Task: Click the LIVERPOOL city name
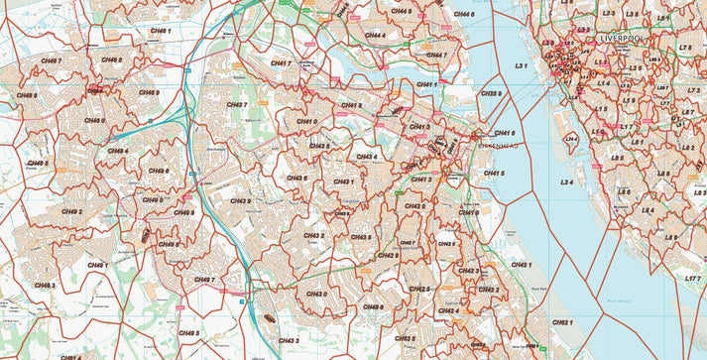[623, 38]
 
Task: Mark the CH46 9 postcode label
[149, 93]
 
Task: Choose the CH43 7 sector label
[236, 104]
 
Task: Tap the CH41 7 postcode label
[281, 63]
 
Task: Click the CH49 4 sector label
[118, 151]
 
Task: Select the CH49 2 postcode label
[71, 211]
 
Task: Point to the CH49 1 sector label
[96, 266]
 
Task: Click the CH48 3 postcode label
[45, 285]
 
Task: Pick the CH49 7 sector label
[203, 280]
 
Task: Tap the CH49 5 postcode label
[188, 333]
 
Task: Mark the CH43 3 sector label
[289, 340]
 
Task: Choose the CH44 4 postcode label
[373, 35]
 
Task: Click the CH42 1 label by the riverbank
[522, 265]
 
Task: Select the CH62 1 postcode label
[562, 323]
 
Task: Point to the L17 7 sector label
[693, 280]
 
